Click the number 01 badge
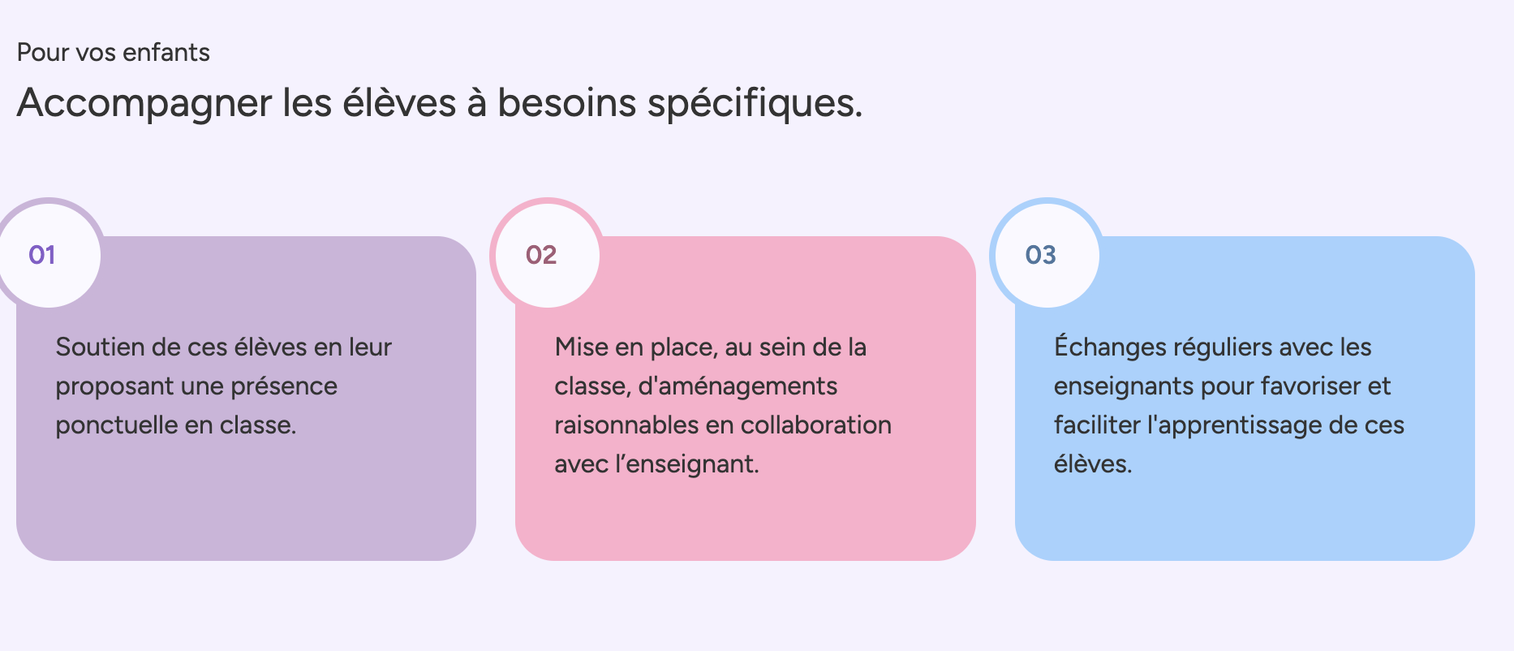(49, 254)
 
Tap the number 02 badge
(547, 254)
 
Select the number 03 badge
(1047, 254)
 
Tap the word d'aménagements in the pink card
(738, 387)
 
